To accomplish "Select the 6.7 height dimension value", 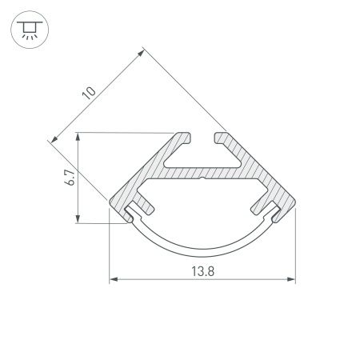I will pos(70,178).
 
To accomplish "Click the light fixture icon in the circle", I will pos(29,30).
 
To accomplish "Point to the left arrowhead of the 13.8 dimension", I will pos(112,280).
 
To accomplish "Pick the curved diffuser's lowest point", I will pos(202,249).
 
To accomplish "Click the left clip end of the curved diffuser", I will pos(130,213).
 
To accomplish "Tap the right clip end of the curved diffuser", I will pos(275,214).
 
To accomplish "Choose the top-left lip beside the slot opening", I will pos(184,141).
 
